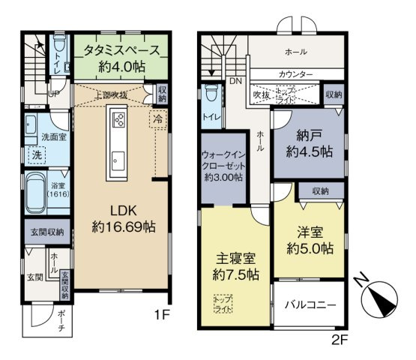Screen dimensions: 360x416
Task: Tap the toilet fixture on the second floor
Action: [x=211, y=97]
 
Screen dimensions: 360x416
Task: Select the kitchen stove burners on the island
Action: [x=118, y=119]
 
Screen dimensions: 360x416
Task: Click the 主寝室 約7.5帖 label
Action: [x=234, y=265]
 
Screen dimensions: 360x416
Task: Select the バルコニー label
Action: [x=310, y=306]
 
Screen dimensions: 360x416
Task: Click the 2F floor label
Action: [x=340, y=339]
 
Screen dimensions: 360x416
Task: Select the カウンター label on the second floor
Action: [x=295, y=74]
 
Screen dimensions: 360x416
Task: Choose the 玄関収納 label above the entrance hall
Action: [x=45, y=232]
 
